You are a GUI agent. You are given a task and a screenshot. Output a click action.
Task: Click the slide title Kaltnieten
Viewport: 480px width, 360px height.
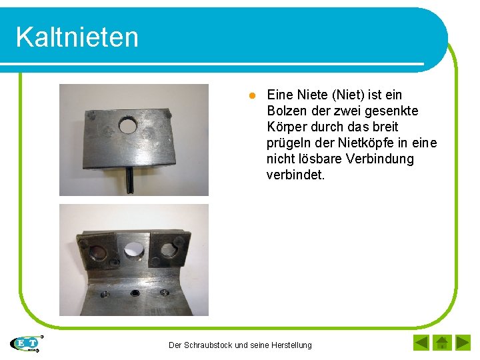point(77,37)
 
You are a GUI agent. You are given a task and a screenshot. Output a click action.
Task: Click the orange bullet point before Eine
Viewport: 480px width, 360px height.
point(253,95)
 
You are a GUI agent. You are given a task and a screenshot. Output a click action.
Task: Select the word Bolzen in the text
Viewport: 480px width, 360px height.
point(286,111)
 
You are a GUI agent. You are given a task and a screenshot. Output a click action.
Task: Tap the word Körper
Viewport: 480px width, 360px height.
point(286,127)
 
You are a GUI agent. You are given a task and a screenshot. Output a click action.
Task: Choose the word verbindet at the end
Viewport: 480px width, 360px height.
point(296,175)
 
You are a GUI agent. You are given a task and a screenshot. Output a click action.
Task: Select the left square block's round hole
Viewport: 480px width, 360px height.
point(97,253)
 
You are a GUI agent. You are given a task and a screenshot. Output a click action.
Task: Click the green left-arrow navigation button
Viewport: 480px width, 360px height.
point(421,343)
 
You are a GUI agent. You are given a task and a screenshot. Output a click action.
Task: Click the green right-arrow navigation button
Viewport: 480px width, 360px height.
point(463,343)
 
